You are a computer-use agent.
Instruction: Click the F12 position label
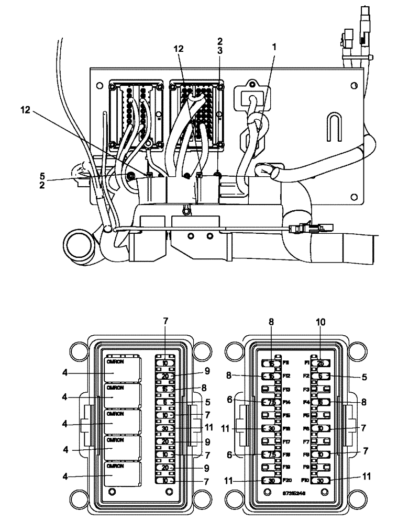[286, 376]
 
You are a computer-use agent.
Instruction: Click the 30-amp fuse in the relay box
[164, 428]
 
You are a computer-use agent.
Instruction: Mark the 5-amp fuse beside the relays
[164, 402]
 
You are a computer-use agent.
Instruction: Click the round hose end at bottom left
[79, 243]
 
